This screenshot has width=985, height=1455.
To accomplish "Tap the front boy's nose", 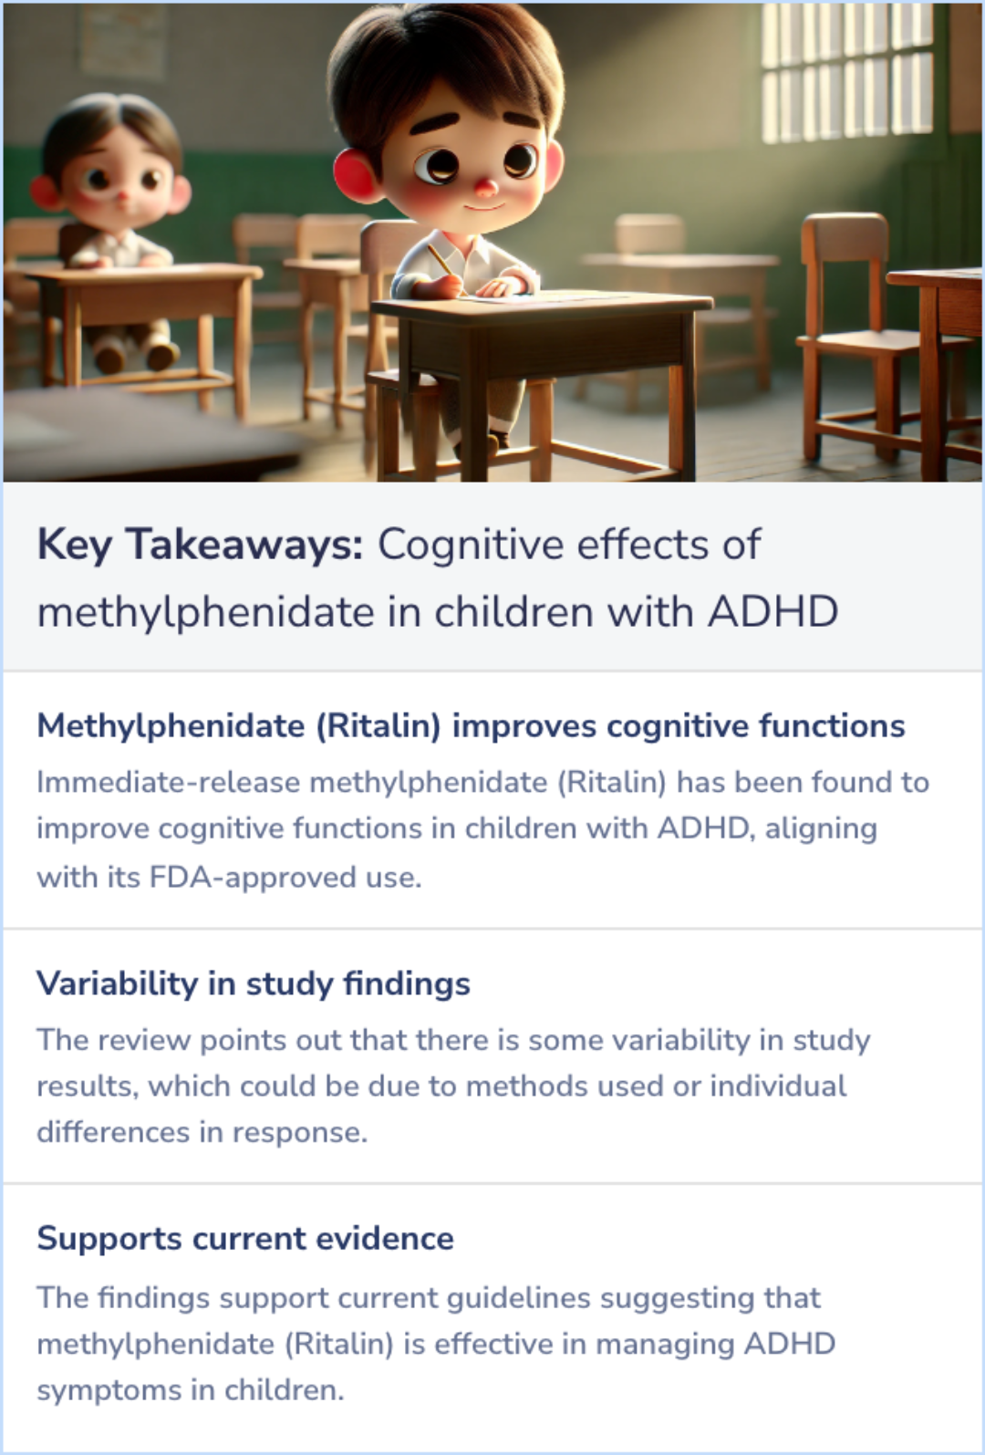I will pos(487,189).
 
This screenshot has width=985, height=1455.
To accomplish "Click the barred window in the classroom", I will pos(846,73).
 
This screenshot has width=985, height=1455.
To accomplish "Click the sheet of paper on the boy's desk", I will pos(547,296).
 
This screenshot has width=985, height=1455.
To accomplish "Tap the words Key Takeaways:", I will pos(200,545).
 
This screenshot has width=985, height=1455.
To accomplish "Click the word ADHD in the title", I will pos(772,612).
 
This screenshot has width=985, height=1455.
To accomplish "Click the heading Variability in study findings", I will pos(253,983).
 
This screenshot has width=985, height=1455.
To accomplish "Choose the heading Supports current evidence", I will pos(244,1238).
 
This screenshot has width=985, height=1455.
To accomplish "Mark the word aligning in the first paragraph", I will pos(821,828).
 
